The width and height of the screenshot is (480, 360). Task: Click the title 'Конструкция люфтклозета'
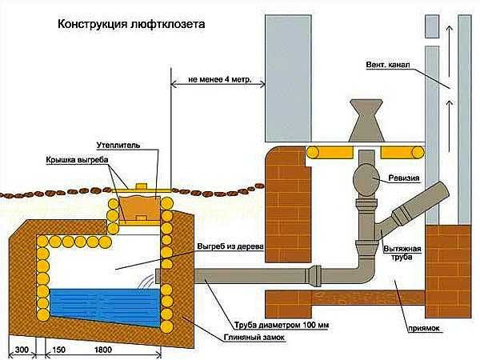131,25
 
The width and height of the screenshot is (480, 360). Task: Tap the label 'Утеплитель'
120,146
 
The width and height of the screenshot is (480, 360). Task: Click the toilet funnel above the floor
363,121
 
